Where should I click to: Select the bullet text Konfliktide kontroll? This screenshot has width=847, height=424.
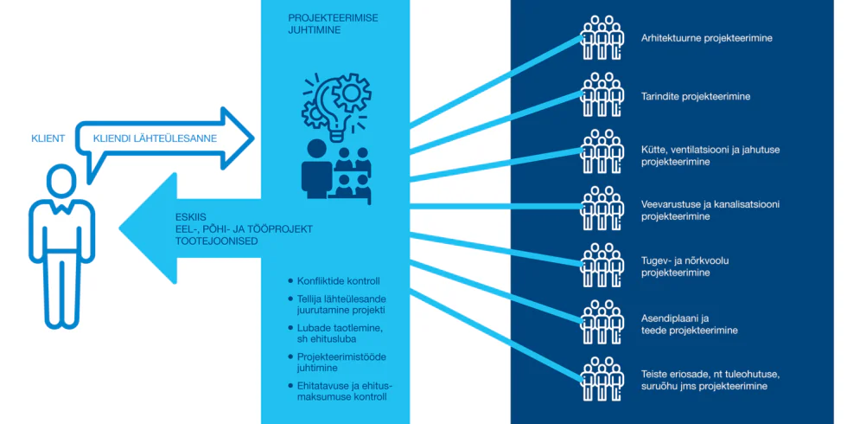[x=338, y=281]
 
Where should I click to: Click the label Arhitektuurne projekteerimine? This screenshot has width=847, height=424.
[x=706, y=39]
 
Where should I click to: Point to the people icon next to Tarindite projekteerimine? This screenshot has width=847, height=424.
[x=602, y=94]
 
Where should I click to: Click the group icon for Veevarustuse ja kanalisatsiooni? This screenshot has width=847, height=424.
[x=602, y=209]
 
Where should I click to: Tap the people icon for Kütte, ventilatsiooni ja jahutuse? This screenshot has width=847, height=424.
[x=602, y=151]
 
